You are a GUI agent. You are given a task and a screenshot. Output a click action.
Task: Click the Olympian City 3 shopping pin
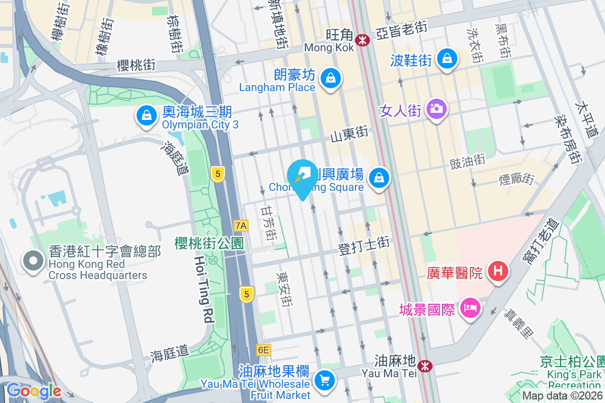[x=146, y=116]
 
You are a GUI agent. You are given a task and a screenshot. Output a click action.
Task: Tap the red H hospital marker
[x=498, y=272]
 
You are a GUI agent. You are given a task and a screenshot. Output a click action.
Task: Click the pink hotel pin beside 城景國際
[x=470, y=308]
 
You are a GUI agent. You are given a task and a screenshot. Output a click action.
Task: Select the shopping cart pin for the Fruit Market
[x=324, y=380]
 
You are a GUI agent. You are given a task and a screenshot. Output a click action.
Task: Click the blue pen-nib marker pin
[x=302, y=176]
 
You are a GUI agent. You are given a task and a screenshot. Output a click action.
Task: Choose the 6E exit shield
[x=263, y=350]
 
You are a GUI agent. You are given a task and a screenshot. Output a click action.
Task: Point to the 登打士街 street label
[x=364, y=246]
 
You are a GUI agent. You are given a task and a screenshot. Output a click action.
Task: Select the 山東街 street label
[x=349, y=135]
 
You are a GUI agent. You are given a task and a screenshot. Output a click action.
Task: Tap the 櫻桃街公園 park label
[x=209, y=244]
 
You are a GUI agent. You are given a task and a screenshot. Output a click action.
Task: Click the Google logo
[x=34, y=391]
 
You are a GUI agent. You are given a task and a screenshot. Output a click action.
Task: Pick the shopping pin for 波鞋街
[x=447, y=59]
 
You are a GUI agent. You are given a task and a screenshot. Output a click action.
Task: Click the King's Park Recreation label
[x=575, y=380]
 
